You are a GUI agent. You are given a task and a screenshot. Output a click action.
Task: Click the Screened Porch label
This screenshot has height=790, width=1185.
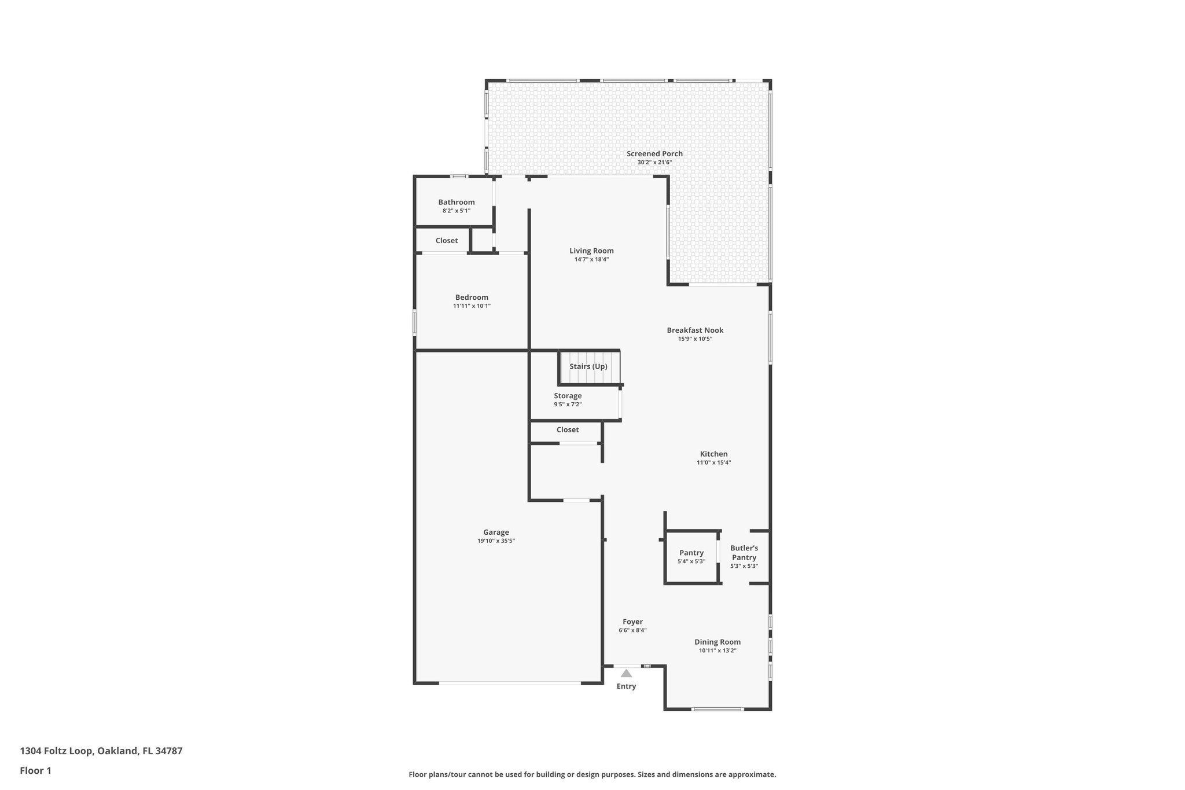[654, 153]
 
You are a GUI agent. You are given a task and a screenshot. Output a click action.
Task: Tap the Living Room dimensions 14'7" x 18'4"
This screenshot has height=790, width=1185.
[591, 260]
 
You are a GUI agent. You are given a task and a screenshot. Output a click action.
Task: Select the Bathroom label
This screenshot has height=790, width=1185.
[456, 202]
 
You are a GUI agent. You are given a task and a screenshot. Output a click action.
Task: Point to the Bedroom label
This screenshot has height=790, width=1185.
[472, 297]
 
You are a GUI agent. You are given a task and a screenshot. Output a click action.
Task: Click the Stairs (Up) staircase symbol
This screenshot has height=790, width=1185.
[589, 368]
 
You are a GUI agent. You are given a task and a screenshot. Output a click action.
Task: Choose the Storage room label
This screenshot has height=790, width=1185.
[568, 396]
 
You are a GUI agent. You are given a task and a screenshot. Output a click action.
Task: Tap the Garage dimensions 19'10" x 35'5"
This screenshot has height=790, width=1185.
[496, 541]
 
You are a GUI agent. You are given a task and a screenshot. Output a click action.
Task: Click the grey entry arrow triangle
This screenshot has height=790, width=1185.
[626, 673]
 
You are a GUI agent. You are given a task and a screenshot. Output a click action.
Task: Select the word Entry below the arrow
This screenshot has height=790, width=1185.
[626, 686]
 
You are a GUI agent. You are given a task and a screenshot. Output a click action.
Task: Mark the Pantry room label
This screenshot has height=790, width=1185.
[691, 553]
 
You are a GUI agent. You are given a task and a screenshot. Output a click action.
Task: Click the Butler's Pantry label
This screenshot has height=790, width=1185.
[744, 553]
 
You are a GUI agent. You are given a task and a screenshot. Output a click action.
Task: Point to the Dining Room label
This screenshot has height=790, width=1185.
[717, 642]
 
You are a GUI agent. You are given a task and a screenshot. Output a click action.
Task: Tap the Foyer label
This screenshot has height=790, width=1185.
[632, 622]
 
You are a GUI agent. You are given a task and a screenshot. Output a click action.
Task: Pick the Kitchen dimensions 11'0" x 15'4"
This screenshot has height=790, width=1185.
[713, 463]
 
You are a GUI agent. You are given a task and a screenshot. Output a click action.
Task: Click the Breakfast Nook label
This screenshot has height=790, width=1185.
[695, 330]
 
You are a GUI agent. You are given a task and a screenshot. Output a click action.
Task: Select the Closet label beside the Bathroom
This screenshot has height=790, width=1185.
[446, 241]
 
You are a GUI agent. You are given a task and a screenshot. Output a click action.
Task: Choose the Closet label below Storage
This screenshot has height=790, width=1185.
[567, 429]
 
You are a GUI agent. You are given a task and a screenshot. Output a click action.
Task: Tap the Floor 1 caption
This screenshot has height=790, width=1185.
[35, 771]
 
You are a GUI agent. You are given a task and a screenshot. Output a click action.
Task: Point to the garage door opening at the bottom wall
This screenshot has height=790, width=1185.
[509, 684]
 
